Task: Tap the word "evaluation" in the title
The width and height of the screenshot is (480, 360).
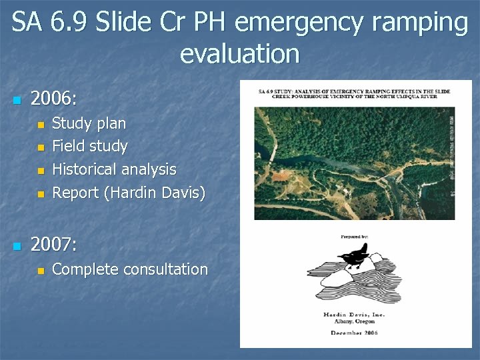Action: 239,53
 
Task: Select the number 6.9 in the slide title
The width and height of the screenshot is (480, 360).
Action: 69,23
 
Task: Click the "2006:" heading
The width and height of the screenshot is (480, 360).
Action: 54,100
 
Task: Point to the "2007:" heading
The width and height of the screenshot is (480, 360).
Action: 54,245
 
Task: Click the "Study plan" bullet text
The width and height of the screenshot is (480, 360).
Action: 89,123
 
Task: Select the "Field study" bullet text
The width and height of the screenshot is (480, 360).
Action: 89,146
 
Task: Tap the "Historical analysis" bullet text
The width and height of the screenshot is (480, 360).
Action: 114,169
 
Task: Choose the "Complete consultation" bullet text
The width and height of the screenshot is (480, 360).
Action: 130,269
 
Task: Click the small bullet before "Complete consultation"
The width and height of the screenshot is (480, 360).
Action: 41,271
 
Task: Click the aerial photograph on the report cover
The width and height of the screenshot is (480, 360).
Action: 354,163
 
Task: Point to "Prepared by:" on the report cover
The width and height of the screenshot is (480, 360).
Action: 354,235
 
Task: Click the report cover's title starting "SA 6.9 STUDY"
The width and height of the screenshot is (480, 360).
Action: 355,93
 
